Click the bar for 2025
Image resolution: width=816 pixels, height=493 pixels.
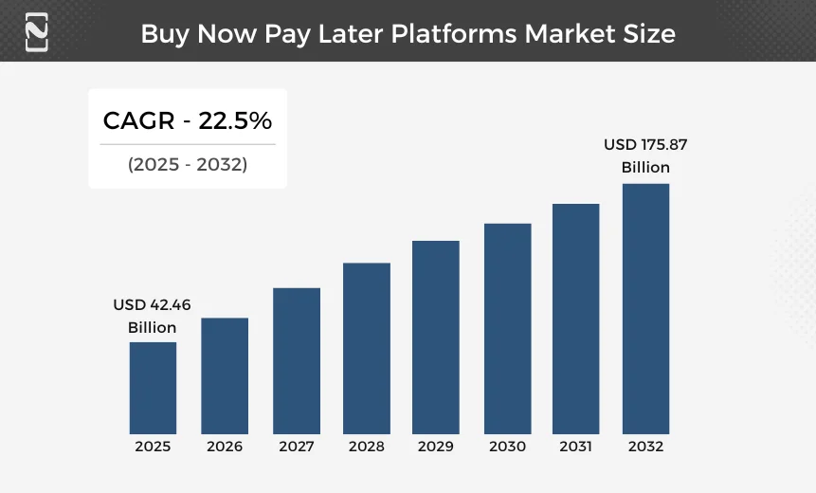pyautogui.click(x=153, y=387)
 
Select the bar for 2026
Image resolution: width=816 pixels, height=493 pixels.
pyautogui.click(x=225, y=375)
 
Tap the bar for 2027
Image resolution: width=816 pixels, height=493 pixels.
pyautogui.click(x=297, y=360)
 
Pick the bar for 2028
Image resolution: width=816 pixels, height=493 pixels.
pyautogui.click(x=367, y=348)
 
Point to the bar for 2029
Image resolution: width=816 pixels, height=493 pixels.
pyautogui.click(x=436, y=337)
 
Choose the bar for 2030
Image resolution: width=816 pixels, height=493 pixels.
pyautogui.click(x=508, y=328)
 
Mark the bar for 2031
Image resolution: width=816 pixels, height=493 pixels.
pyautogui.click(x=576, y=319)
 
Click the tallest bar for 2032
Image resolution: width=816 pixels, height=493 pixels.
pyautogui.click(x=645, y=308)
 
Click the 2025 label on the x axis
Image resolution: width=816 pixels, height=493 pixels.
pyautogui.click(x=153, y=447)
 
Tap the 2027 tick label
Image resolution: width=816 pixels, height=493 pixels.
pyautogui.click(x=297, y=447)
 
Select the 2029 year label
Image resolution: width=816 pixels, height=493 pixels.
pyautogui.click(x=436, y=447)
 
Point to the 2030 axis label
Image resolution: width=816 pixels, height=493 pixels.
pyautogui.click(x=508, y=447)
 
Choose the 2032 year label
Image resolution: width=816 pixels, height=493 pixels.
pyautogui.click(x=645, y=447)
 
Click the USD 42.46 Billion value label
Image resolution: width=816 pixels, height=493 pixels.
pyautogui.click(x=153, y=316)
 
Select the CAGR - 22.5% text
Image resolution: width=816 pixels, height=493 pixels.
pyautogui.click(x=188, y=120)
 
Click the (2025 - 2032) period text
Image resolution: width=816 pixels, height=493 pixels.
pyautogui.click(x=188, y=164)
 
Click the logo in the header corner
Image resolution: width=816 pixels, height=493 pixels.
pyautogui.click(x=37, y=32)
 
